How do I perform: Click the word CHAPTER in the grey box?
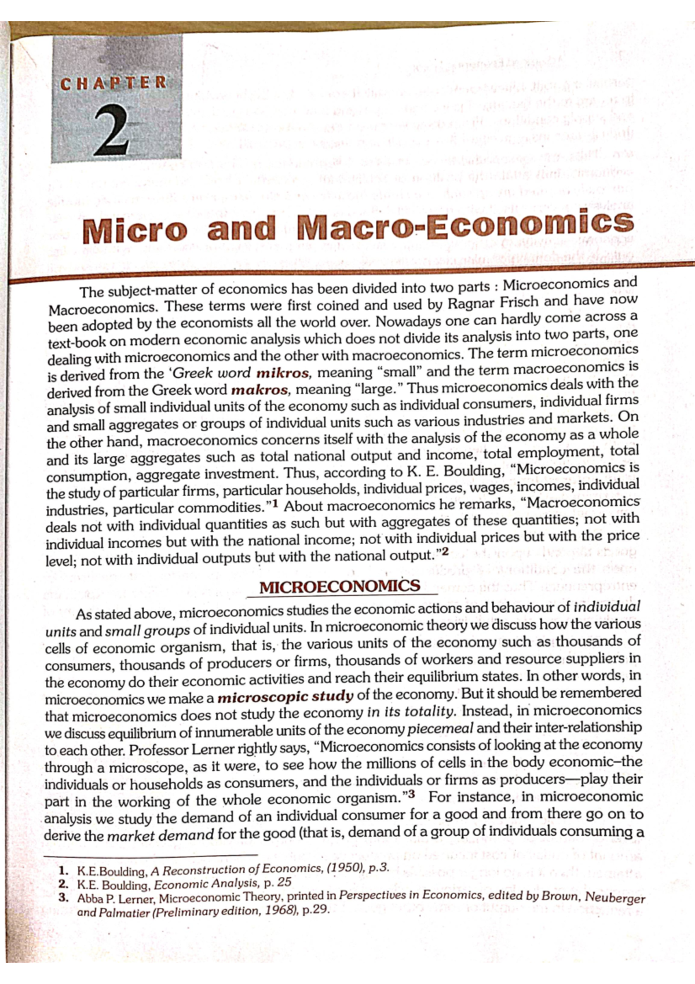pos(114,83)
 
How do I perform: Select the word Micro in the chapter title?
pos(136,231)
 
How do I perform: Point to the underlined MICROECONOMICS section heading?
pos(339,586)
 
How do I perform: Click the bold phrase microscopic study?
pos(285,697)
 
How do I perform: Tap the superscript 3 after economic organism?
pos(412,794)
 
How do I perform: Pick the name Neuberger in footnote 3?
pos(615,897)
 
